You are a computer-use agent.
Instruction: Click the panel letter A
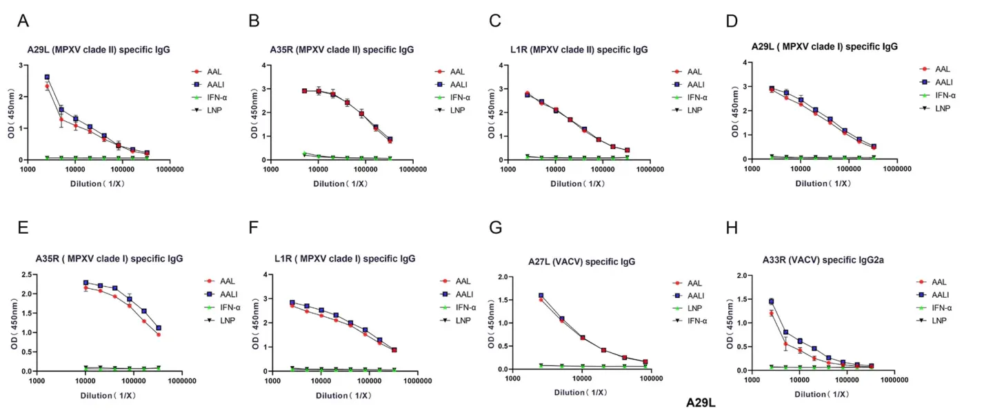coord(23,21)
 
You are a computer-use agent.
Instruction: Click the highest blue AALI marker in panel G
coord(541,296)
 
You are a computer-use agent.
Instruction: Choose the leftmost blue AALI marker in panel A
coord(47,77)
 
